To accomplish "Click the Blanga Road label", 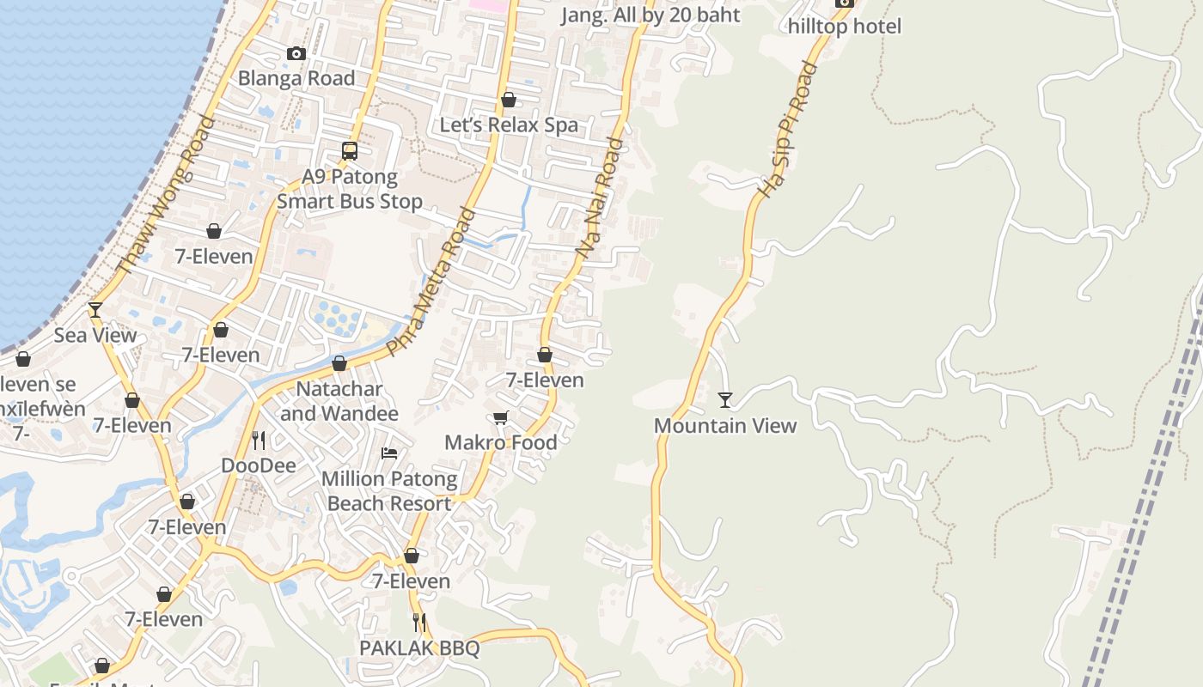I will click(x=296, y=78).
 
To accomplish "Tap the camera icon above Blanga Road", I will click(x=296, y=54).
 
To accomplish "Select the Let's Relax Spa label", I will click(x=509, y=125).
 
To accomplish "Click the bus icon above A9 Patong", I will click(x=350, y=151).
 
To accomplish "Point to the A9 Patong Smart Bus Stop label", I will click(x=350, y=190).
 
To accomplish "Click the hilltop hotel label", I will click(x=845, y=27).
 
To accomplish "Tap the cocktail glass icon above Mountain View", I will click(x=725, y=399).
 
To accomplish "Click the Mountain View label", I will click(x=725, y=425).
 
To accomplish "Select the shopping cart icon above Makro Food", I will click(x=501, y=417).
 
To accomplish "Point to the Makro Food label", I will click(x=501, y=442).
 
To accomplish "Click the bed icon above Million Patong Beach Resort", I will click(x=389, y=453).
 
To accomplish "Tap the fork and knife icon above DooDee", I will click(x=259, y=441).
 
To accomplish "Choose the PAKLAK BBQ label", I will click(x=419, y=648).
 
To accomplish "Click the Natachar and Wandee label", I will click(x=339, y=401).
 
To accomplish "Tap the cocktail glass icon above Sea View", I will click(x=95, y=309).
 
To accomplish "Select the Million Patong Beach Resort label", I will click(x=389, y=490).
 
